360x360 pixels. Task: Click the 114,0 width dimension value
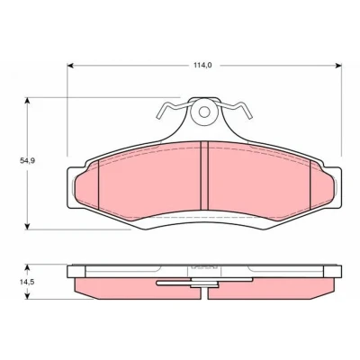[x=202, y=65]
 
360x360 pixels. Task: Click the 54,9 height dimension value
[x=28, y=160]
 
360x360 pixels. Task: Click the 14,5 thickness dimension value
[x=28, y=282]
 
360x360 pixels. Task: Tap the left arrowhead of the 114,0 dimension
[x=70, y=66]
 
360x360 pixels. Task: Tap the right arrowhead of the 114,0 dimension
[x=338, y=66]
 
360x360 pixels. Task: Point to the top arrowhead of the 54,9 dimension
[x=28, y=101]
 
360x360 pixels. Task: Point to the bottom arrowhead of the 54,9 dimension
[x=28, y=227]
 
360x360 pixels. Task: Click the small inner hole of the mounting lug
[x=204, y=112]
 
